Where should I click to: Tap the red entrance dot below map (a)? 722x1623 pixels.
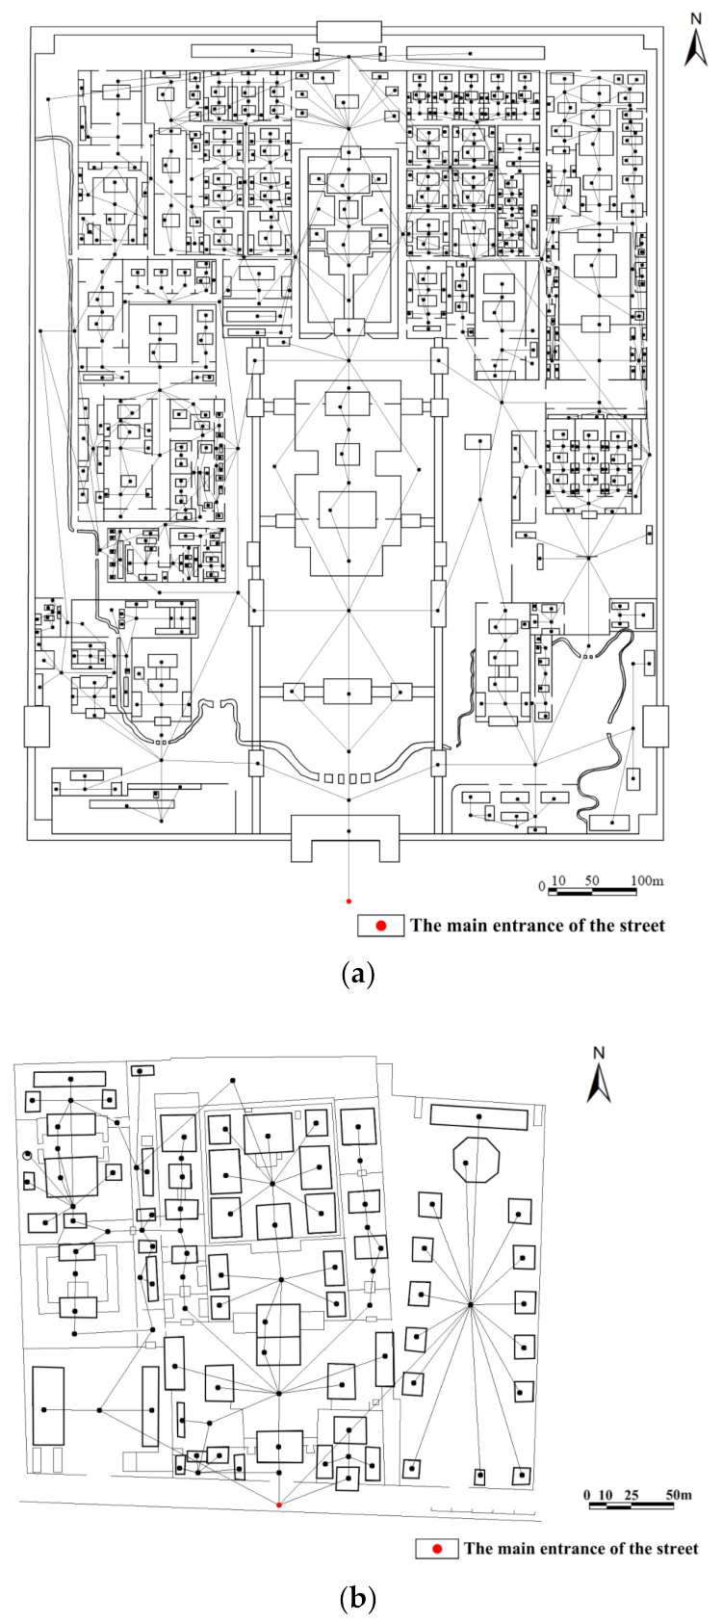click(348, 902)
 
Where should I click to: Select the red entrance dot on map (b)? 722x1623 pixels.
click(279, 1505)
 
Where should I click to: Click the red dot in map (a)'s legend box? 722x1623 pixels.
click(381, 926)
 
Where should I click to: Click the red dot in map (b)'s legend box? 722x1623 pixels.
click(437, 1549)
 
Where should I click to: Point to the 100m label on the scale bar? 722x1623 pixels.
click(647, 880)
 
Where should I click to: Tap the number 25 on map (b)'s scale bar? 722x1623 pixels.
click(631, 1495)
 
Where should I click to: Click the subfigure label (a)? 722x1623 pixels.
click(358, 974)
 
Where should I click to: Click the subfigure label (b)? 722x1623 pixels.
click(358, 1599)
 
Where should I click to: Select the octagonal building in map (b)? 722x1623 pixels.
click(477, 1159)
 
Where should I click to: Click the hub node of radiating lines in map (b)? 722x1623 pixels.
click(470, 1305)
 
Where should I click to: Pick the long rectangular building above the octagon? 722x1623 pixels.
click(478, 1116)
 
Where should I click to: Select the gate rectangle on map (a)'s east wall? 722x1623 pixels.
click(656, 726)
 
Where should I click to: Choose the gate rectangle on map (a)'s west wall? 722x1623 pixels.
click(37, 726)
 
